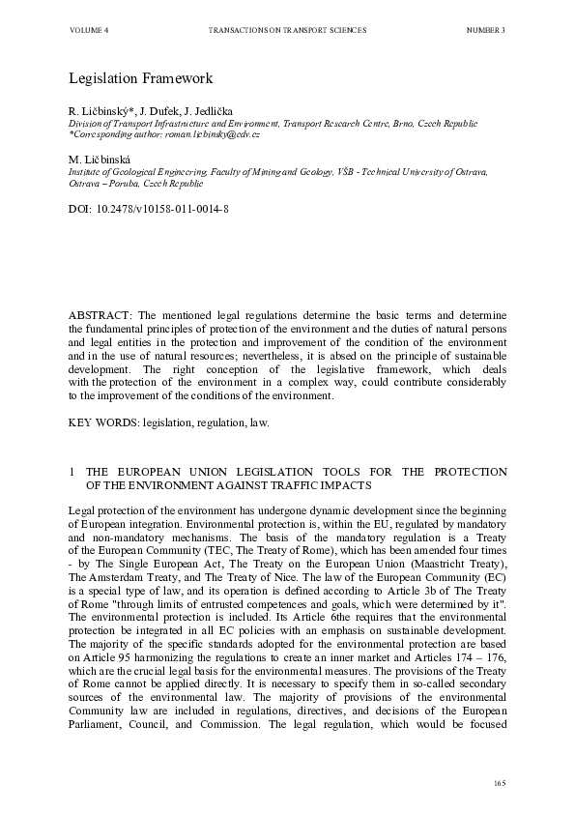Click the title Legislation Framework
140,77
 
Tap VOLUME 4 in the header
89,31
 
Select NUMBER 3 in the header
485,31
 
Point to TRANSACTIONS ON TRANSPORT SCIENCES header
287,31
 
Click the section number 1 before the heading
72,472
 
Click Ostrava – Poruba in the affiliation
101,182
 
